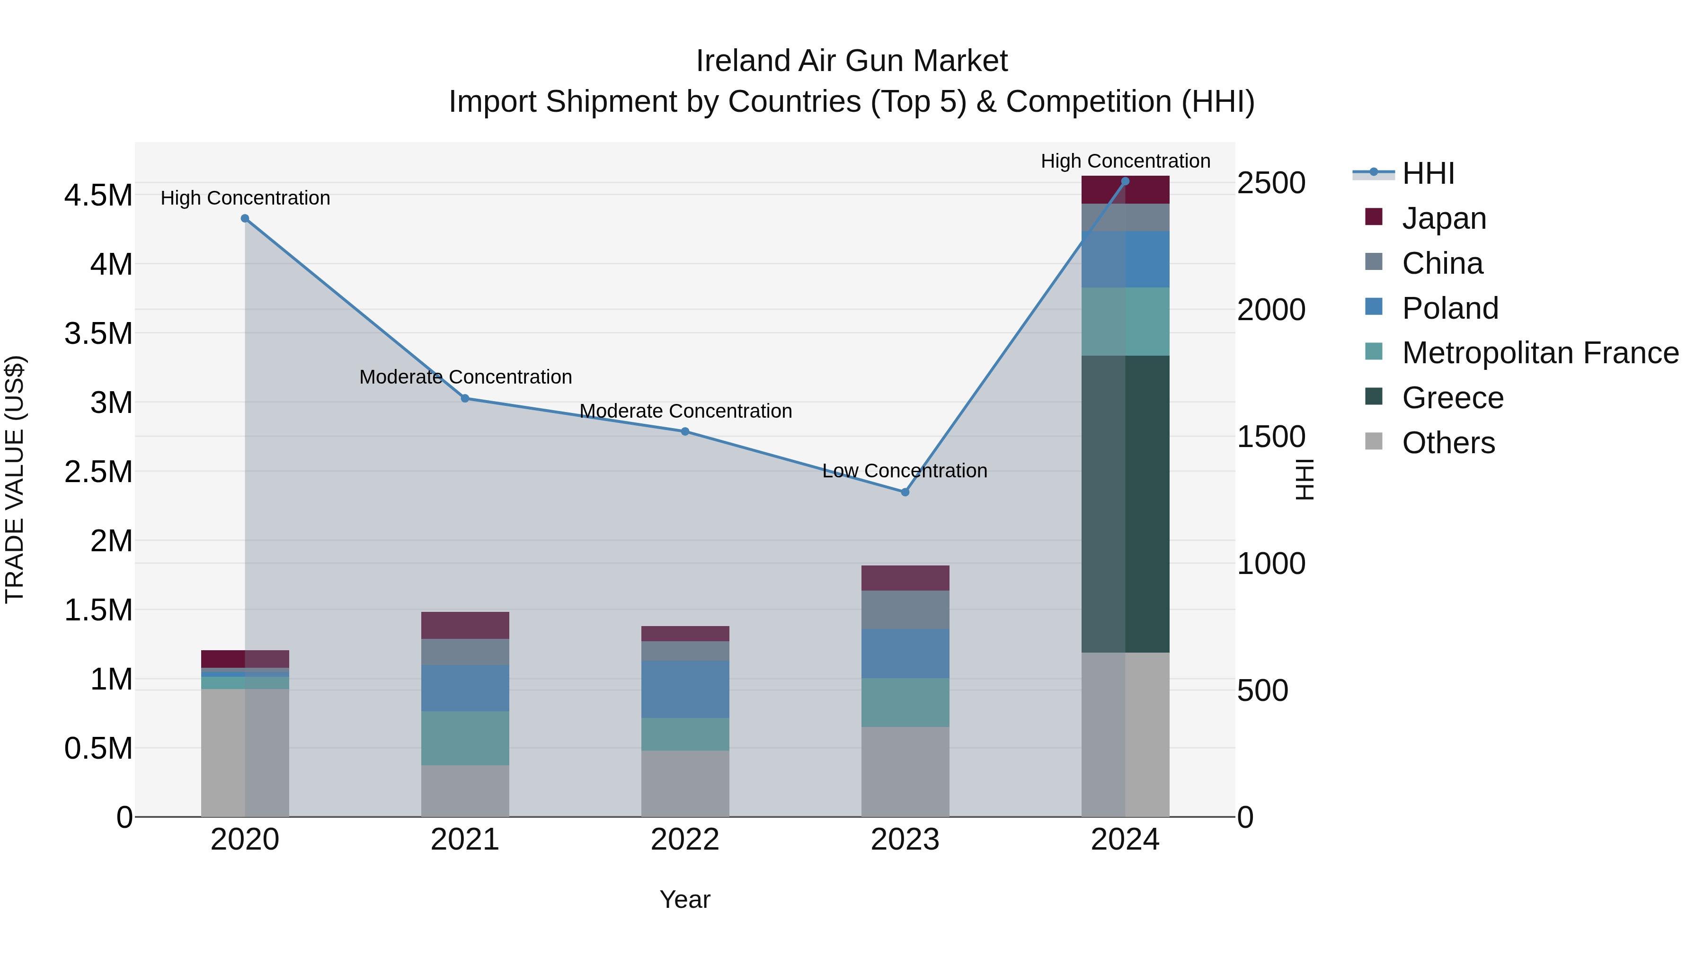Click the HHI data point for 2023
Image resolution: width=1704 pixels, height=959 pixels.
tap(905, 492)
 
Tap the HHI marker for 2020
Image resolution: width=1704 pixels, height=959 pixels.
tap(245, 218)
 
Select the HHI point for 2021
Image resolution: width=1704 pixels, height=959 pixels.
tap(465, 398)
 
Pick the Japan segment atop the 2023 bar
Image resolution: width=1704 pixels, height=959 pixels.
tap(905, 578)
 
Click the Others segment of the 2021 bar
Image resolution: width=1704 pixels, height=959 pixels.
tap(465, 790)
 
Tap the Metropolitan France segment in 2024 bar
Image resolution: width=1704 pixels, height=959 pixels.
tap(1125, 322)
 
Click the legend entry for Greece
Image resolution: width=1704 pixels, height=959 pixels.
tap(1452, 398)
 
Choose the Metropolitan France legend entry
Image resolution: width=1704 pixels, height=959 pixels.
tap(1539, 353)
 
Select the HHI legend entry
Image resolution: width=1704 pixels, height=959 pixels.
tap(1428, 173)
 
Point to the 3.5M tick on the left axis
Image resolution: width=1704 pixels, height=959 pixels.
tap(98, 333)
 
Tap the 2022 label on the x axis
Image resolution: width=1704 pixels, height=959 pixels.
tap(684, 840)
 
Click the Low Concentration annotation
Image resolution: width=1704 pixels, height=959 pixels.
tap(904, 471)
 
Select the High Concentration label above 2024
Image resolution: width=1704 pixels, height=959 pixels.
tap(1125, 161)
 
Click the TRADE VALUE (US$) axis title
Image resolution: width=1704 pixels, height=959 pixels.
tap(15, 479)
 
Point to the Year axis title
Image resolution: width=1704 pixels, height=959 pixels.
tap(684, 899)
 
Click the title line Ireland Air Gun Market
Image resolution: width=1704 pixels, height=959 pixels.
tap(852, 61)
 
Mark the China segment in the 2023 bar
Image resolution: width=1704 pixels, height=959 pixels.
tap(905, 609)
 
